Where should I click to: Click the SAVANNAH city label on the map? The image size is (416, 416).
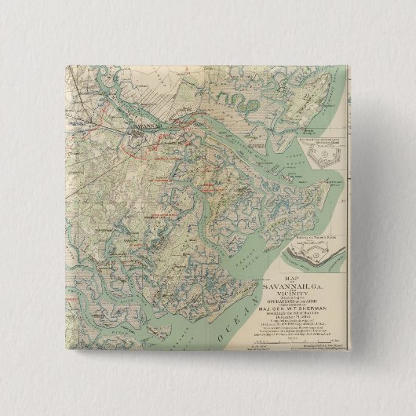(146, 123)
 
